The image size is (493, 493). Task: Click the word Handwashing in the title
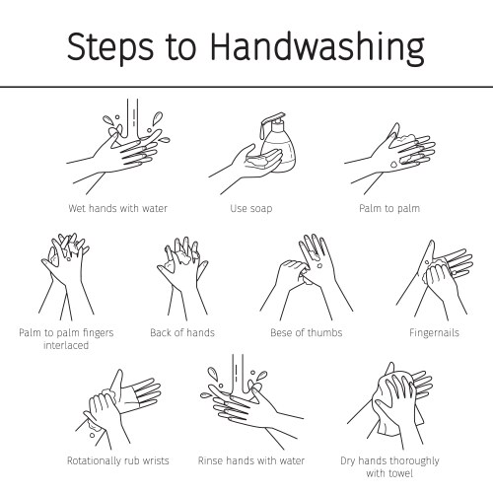pyautogui.click(x=317, y=46)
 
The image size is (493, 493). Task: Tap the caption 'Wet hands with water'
pyautogui.click(x=118, y=208)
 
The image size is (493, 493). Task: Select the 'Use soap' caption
pyautogui.click(x=250, y=208)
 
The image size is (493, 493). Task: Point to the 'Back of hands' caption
pyautogui.click(x=182, y=332)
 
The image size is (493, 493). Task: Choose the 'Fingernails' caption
pyautogui.click(x=435, y=332)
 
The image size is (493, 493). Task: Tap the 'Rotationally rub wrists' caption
pyautogui.click(x=117, y=460)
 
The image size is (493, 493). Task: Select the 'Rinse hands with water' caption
pyautogui.click(x=251, y=460)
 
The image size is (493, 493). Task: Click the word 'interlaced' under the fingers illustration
pyautogui.click(x=65, y=345)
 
